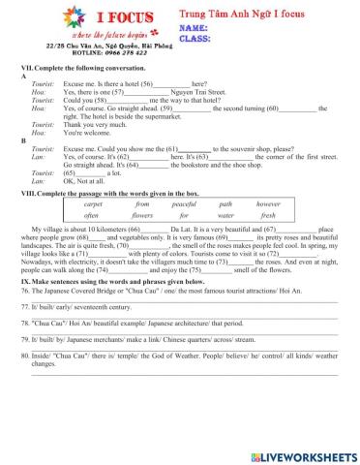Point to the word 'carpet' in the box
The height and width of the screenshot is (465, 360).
pyautogui.click(x=93, y=205)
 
